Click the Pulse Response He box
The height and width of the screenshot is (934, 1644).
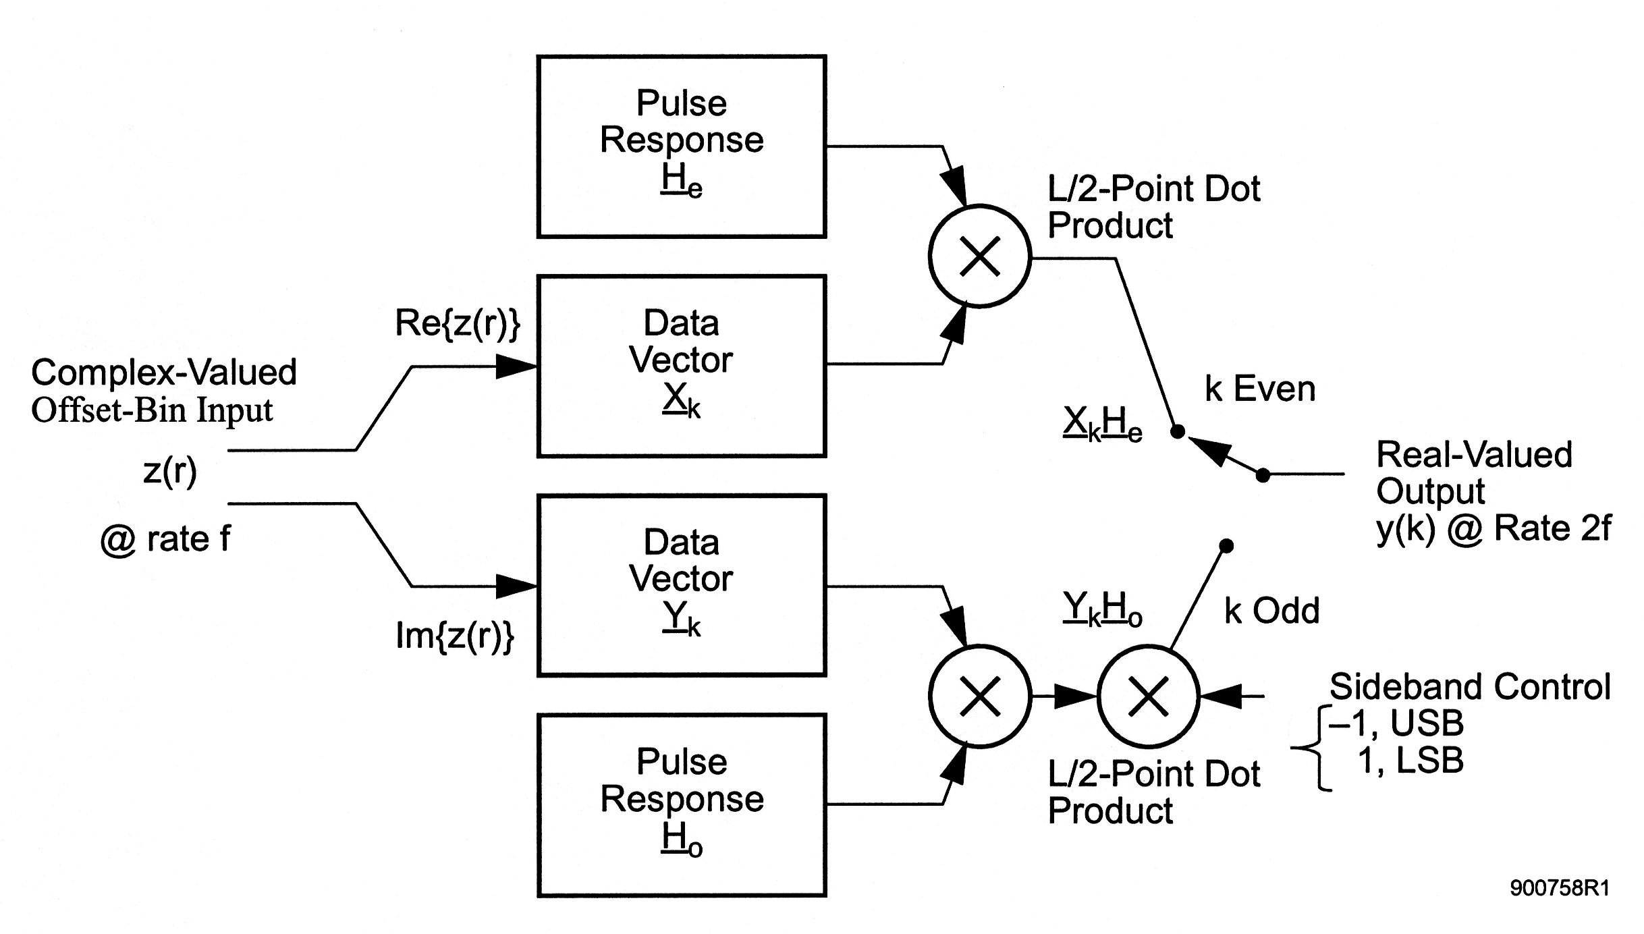682,146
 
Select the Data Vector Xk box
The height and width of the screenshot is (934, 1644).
682,366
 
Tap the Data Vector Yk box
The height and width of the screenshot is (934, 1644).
682,585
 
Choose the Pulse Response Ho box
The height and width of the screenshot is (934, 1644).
682,805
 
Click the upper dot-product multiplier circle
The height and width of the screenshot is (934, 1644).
980,256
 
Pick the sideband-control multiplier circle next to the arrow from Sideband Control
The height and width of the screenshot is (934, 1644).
1149,696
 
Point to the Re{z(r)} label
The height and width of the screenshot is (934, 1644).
458,323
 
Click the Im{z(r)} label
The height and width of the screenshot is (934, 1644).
455,636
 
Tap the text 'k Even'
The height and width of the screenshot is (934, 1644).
1260,389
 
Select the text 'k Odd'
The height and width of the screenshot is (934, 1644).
1271,611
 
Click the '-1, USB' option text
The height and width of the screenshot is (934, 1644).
1396,723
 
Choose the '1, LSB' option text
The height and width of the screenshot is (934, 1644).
1410,761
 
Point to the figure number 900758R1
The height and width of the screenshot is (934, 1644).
1560,888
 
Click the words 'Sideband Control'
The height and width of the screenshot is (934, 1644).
1470,687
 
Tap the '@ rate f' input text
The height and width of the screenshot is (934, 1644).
165,539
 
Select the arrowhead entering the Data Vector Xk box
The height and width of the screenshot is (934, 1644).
517,366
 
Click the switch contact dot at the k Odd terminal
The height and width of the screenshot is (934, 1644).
1227,545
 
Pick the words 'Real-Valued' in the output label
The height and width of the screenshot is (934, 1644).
1474,454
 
